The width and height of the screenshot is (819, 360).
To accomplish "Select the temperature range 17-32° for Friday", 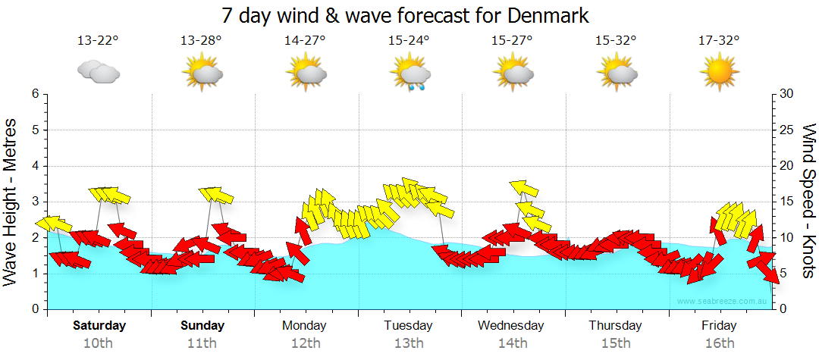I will tap(719, 42).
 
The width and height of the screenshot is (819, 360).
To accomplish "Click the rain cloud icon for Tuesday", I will tap(410, 76).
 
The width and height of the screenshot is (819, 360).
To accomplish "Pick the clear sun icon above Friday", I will tap(719, 74).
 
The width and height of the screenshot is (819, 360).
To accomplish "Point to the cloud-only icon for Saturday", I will tap(99, 73).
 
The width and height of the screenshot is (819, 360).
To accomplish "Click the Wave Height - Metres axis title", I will tap(11, 202).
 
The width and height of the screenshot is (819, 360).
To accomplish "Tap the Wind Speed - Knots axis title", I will tap(808, 202).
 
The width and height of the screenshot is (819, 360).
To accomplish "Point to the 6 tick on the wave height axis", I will tap(34, 94).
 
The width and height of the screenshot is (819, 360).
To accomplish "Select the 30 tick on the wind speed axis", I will tap(787, 94).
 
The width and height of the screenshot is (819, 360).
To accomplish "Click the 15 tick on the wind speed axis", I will tap(787, 202).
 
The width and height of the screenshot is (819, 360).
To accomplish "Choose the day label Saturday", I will tap(99, 326).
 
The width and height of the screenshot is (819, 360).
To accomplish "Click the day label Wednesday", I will tap(511, 326).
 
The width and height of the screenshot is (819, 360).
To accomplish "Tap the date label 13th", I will tap(409, 343).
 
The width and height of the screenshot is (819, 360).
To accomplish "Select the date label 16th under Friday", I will tap(719, 343).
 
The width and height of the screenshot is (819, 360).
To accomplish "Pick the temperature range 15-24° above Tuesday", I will tap(409, 42).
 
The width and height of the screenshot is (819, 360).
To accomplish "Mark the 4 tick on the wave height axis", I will tap(34, 166).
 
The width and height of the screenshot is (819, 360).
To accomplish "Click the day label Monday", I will tap(304, 326).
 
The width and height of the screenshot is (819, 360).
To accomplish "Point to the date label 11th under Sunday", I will tap(202, 343).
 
